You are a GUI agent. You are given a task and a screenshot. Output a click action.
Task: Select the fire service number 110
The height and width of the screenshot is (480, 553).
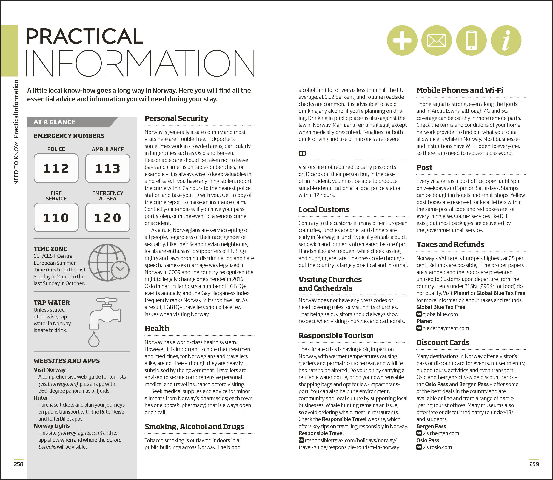click(x=56, y=217)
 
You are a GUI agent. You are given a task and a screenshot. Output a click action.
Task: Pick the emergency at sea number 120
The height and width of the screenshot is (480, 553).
click(x=108, y=217)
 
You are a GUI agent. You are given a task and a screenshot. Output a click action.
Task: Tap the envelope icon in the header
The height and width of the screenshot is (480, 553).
click(x=436, y=40)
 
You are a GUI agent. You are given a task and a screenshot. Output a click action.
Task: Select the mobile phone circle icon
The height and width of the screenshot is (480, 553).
click(x=471, y=40)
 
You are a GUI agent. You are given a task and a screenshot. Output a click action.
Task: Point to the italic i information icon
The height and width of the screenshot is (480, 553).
click(x=506, y=40)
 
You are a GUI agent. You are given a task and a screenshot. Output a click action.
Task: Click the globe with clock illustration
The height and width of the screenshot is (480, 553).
click(x=109, y=263)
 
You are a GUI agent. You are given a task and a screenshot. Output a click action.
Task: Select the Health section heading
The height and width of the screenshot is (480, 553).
click(x=157, y=328)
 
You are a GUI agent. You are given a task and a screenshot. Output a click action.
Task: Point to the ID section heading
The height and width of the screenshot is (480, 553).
click(x=302, y=153)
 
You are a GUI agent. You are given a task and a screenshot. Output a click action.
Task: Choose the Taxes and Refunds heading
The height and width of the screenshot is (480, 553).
click(x=450, y=244)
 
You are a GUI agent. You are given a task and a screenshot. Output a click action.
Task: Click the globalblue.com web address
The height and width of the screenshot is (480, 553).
click(x=440, y=314)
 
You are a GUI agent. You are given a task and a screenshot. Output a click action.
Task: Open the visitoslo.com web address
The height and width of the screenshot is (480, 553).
click(x=437, y=447)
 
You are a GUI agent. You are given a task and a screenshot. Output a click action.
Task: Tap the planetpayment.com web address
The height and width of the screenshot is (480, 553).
click(x=446, y=328)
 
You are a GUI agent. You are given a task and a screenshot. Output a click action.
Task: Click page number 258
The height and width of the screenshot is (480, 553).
click(x=19, y=464)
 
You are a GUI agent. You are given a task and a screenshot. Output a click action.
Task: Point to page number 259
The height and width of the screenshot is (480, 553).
click(x=534, y=464)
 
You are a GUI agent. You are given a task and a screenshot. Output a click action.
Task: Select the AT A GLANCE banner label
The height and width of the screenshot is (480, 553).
click(x=54, y=122)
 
